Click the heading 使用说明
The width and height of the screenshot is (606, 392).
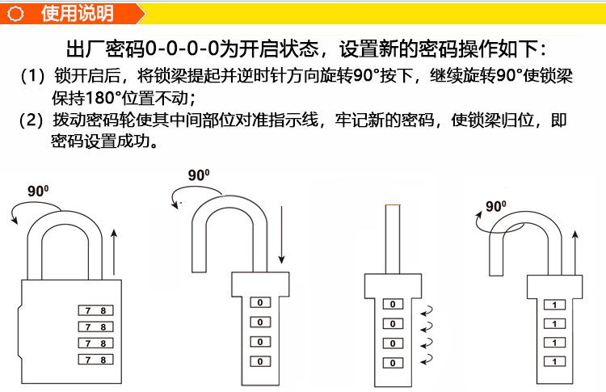pos(77,14)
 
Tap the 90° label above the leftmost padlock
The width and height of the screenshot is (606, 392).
pos(38,192)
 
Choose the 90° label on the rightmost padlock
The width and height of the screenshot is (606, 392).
pos(496,207)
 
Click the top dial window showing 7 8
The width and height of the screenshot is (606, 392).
pos(95,310)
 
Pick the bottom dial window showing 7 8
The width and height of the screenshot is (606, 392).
pos(95,359)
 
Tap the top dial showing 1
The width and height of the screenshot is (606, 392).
pos(554,305)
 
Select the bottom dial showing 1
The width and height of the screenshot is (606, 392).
pos(554,361)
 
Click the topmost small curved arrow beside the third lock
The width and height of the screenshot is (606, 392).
pos(429,309)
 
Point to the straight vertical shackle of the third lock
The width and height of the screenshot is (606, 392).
pos(392,238)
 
